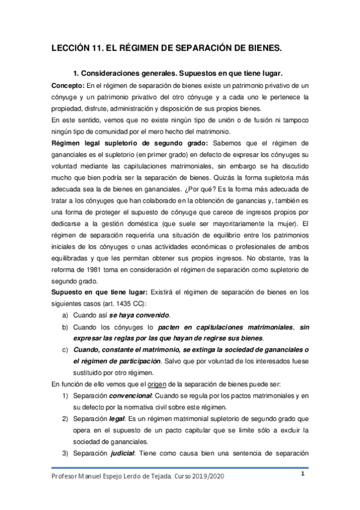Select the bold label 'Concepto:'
(x=69, y=85)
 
